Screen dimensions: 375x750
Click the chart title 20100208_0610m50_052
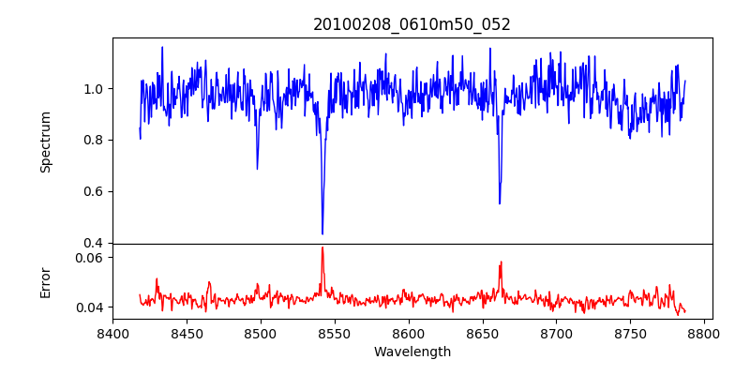point(412,24)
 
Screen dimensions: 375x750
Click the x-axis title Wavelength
point(412,352)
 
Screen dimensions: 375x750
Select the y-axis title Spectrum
point(46,142)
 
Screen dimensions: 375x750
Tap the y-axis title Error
point(46,281)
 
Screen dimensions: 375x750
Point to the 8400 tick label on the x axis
point(112,333)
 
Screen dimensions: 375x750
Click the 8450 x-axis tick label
point(187,333)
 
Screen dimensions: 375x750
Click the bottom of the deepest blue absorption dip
point(322,233)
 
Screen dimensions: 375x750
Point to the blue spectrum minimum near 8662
point(500,203)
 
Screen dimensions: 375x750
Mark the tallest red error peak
point(322,247)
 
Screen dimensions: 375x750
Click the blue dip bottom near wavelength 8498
point(257,169)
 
